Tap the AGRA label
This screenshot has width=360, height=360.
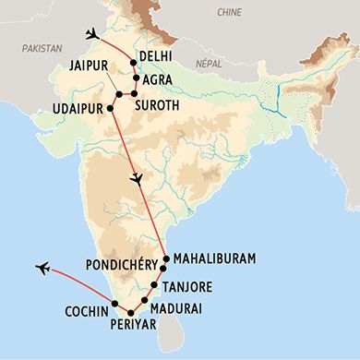point(158,79)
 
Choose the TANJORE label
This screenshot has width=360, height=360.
point(195,286)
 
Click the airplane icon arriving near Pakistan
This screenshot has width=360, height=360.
point(90,34)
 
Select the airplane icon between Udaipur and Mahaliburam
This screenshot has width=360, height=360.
point(137,178)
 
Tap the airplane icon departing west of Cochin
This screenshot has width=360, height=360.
point(42,269)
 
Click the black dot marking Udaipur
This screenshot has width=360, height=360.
point(111,107)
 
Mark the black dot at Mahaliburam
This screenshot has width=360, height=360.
point(165,258)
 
